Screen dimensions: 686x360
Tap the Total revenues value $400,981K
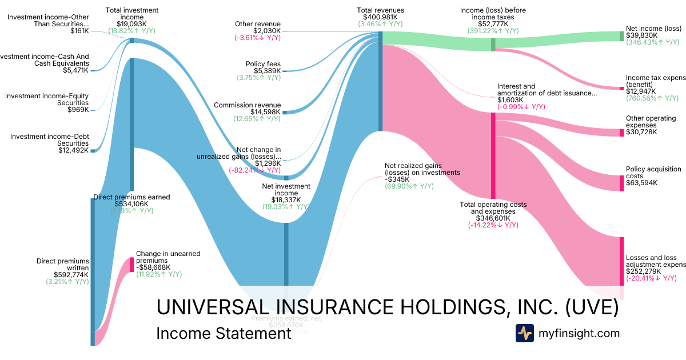[x=380, y=17]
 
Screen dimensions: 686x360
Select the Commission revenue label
[x=247, y=105]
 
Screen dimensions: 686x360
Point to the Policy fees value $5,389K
[x=267, y=71]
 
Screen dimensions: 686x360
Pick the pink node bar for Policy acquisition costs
[x=621, y=183]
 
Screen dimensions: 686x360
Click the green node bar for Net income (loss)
[x=621, y=36]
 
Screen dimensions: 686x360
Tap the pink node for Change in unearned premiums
[x=131, y=264]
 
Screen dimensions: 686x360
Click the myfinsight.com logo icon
[x=524, y=333]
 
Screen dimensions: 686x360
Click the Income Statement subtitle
[x=224, y=333]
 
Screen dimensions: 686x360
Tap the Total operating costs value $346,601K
[x=493, y=218]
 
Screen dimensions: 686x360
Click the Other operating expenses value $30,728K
[x=641, y=133]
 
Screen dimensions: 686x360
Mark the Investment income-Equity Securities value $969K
[x=78, y=110]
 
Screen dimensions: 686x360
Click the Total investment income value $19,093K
[x=132, y=24]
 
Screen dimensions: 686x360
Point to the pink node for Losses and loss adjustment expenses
[x=621, y=261]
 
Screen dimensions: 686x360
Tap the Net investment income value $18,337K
[x=286, y=200]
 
